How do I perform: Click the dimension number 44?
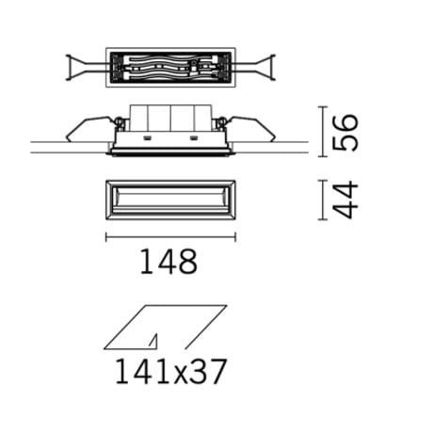tap(348, 200)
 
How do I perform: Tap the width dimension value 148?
tap(170, 261)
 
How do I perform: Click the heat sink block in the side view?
tap(170, 119)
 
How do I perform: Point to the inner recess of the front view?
tap(170, 200)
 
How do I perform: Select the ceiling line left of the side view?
tap(66, 147)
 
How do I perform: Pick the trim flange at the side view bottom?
tap(170, 149)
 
